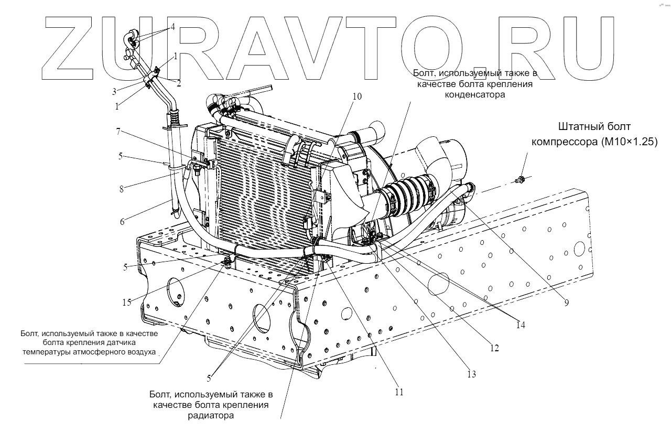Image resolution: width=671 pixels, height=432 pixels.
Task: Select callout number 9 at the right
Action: (x=566, y=302)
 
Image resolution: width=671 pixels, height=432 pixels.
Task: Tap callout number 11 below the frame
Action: (x=399, y=391)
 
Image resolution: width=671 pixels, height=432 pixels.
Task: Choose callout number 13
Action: (x=471, y=374)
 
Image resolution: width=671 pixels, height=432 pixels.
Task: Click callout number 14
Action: (x=520, y=325)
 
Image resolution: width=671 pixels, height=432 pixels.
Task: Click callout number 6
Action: (x=122, y=221)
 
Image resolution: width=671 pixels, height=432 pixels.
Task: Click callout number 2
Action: (x=179, y=83)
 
